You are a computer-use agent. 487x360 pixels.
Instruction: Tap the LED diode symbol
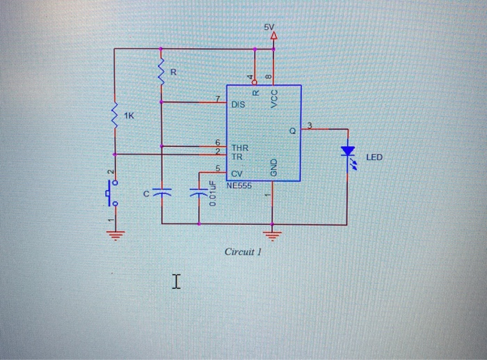click(347, 152)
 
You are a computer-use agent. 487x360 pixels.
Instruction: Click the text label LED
click(374, 158)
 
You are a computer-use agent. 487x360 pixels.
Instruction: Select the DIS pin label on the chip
click(238, 105)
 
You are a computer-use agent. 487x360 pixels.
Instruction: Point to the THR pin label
click(240, 148)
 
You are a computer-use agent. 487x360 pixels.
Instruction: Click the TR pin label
click(237, 157)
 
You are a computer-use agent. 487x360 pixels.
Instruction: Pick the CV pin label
click(237, 173)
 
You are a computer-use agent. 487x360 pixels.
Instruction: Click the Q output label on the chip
click(292, 131)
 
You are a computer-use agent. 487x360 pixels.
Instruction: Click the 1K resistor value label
click(130, 114)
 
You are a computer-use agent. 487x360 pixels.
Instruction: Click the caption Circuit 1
click(242, 251)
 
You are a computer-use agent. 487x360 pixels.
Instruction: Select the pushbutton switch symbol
click(112, 191)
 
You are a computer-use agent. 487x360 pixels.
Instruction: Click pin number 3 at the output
click(310, 125)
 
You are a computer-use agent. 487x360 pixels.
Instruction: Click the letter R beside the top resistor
click(174, 72)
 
